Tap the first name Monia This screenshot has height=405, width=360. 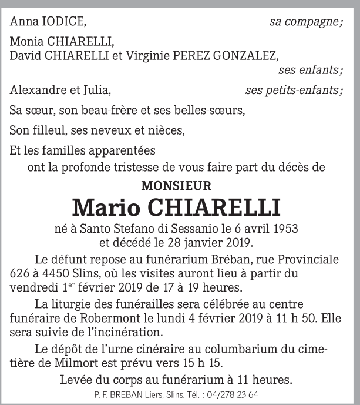pyautogui.click(x=26, y=43)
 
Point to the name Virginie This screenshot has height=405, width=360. pyautogui.click(x=146, y=55)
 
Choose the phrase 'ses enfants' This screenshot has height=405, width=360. pyautogui.click(x=309, y=70)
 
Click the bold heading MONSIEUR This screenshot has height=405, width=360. pyautogui.click(x=176, y=186)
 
